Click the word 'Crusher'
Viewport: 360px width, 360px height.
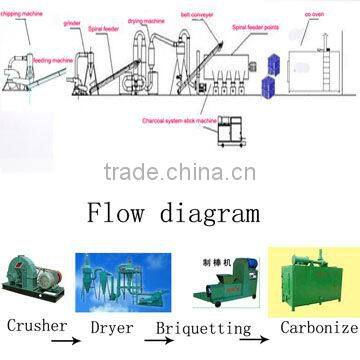point(37,326)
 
